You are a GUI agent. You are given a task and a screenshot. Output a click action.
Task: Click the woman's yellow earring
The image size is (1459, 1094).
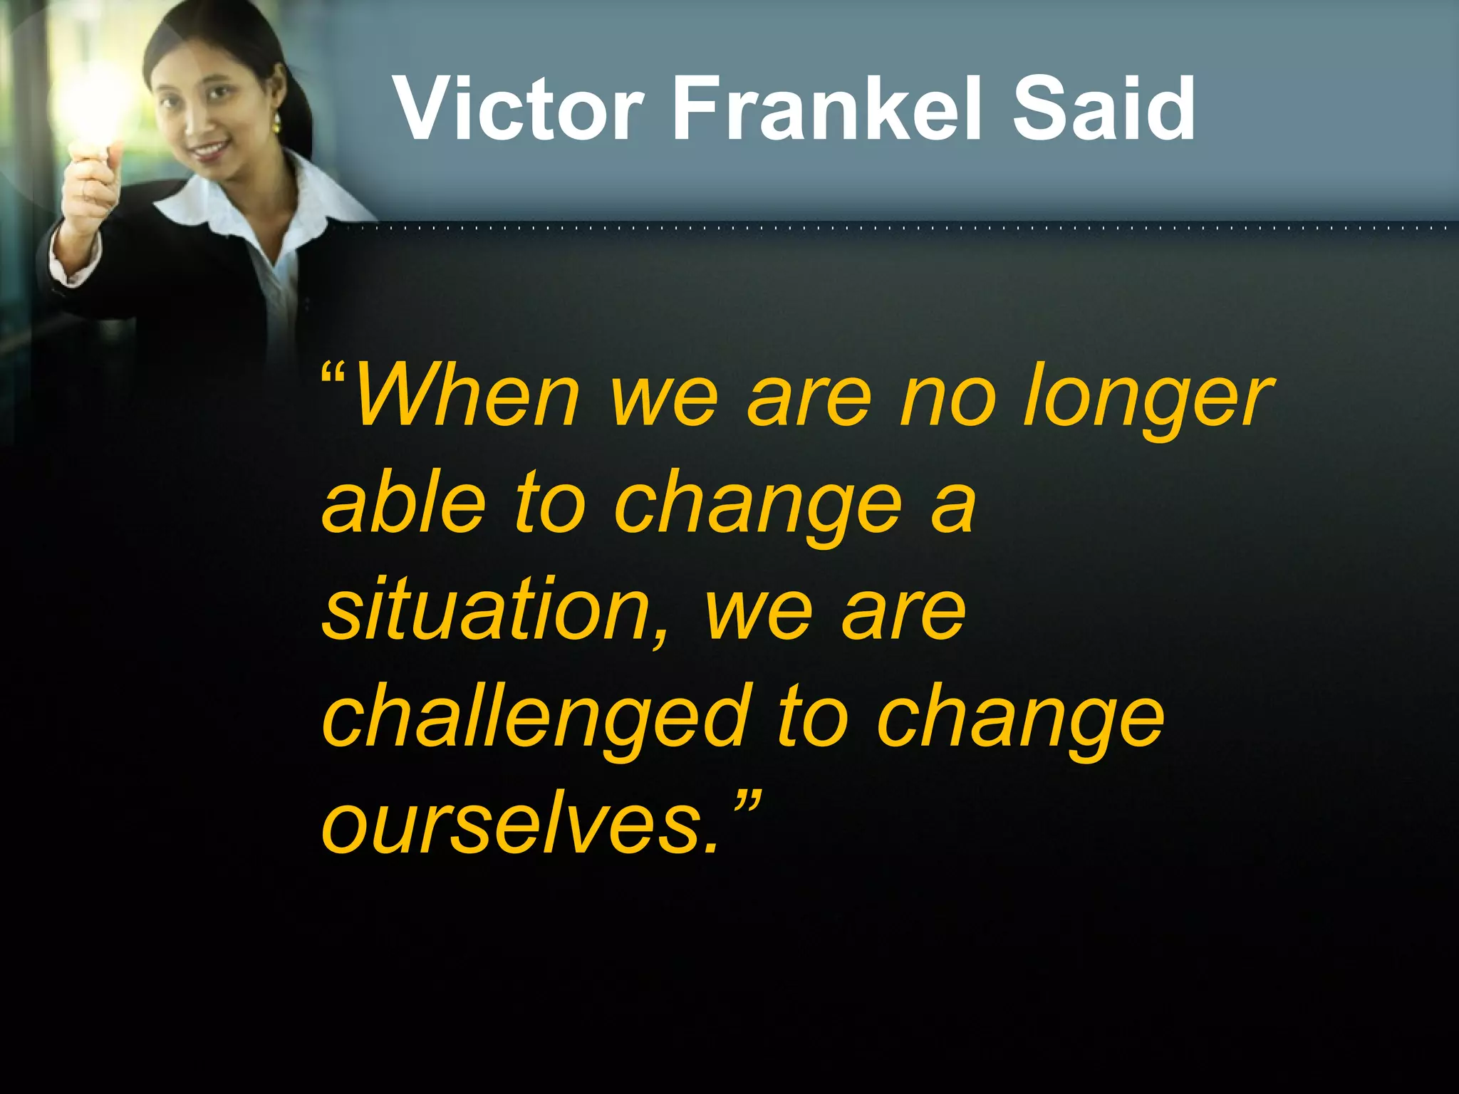click(x=276, y=123)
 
